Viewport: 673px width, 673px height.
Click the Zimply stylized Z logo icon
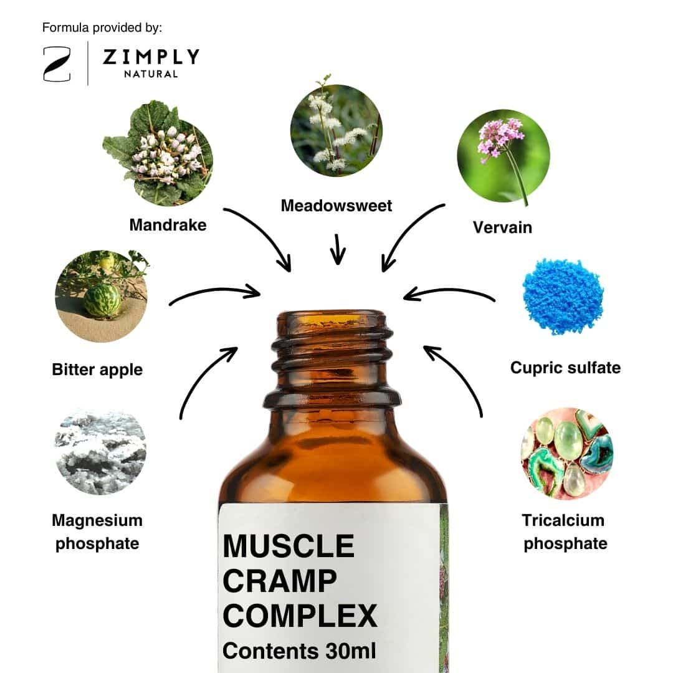pos(57,64)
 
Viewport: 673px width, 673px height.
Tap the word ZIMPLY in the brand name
pos(151,57)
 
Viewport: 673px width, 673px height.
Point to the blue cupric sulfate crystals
pos(563,296)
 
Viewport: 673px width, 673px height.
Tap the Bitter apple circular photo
pos(102,296)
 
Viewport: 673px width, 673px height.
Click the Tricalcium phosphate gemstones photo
pos(566,453)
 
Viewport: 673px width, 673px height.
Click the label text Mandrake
pos(168,225)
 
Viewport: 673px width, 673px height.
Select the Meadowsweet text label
pos(336,206)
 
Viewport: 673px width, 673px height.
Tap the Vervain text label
pos(502,227)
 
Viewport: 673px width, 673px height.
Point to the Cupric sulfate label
pos(565,368)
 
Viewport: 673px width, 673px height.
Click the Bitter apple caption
pos(97,370)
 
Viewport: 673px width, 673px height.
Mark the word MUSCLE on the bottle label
pos(289,546)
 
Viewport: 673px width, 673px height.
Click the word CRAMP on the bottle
pos(280,581)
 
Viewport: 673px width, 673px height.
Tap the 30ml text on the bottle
pos(351,651)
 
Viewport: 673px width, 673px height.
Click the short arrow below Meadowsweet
pos(338,249)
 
